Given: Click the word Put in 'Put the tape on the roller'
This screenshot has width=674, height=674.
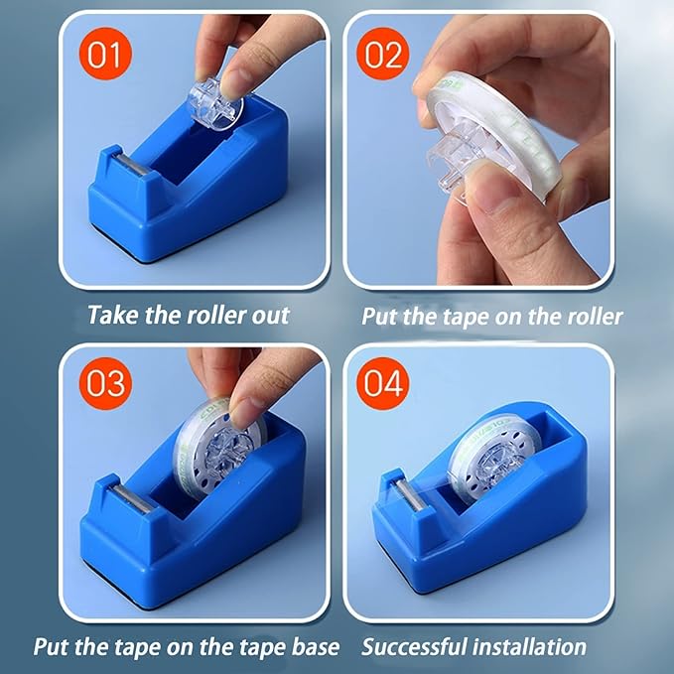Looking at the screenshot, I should [x=378, y=316].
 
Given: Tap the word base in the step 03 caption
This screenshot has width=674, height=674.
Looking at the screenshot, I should [x=315, y=647].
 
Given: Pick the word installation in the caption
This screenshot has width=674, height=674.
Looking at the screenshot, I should [x=533, y=647].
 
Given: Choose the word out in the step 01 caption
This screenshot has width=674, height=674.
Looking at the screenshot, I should [x=271, y=316].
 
